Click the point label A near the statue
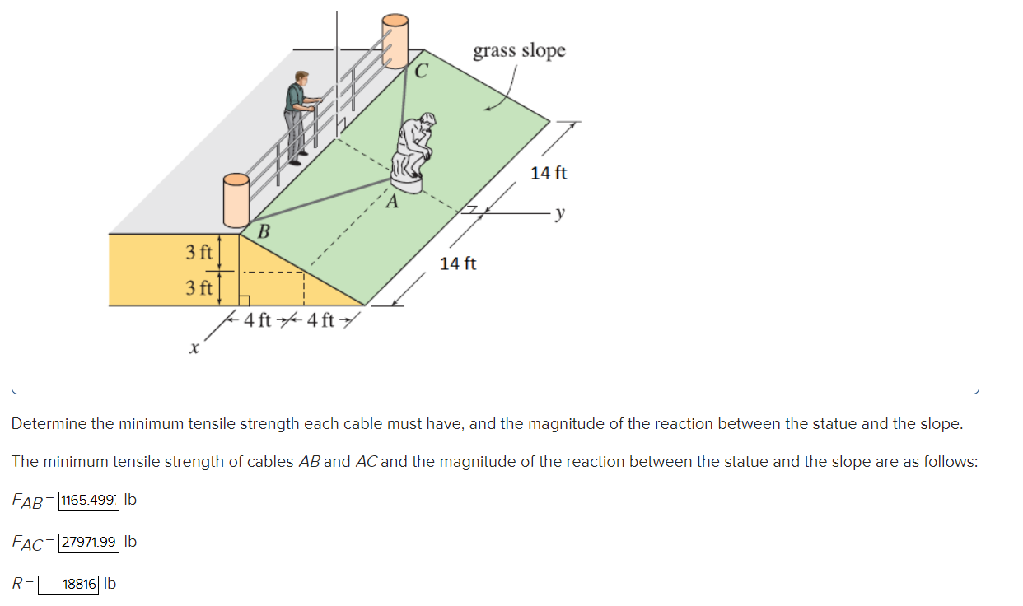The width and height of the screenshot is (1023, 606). click(392, 202)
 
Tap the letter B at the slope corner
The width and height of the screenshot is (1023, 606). click(264, 231)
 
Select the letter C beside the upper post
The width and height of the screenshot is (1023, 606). click(421, 72)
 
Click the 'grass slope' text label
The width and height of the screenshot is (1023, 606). click(519, 50)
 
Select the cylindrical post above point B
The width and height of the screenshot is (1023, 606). click(236, 200)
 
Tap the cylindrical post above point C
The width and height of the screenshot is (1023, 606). click(395, 40)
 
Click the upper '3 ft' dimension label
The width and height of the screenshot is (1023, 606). click(199, 251)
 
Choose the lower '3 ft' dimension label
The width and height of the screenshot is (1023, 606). click(199, 288)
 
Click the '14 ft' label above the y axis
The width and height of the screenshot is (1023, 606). click(549, 173)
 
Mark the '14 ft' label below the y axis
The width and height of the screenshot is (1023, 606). click(458, 263)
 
